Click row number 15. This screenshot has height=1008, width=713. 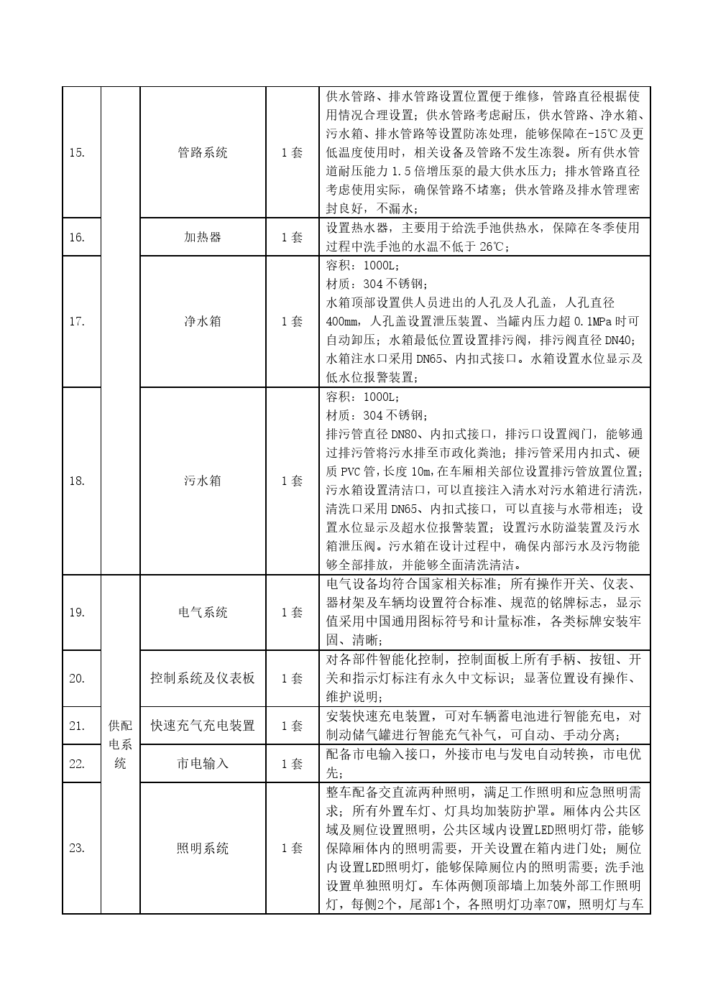point(77,152)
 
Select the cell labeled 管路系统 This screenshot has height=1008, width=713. point(203,152)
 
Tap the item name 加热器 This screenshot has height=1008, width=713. point(203,237)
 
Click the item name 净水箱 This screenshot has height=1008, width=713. point(203,321)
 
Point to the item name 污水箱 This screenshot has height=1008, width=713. point(203,481)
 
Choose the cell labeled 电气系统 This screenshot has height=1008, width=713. point(203,612)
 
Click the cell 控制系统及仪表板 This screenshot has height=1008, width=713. point(203,678)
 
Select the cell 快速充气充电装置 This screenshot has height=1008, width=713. point(203,726)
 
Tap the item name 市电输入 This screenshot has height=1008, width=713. point(203,764)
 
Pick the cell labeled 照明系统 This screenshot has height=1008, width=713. point(203,848)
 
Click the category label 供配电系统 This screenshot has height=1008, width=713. point(120,744)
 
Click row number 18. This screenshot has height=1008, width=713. point(77,481)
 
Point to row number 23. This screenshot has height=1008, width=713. point(77,848)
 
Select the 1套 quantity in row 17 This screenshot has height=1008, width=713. point(292,321)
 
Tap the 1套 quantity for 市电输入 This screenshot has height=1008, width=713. point(292,764)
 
